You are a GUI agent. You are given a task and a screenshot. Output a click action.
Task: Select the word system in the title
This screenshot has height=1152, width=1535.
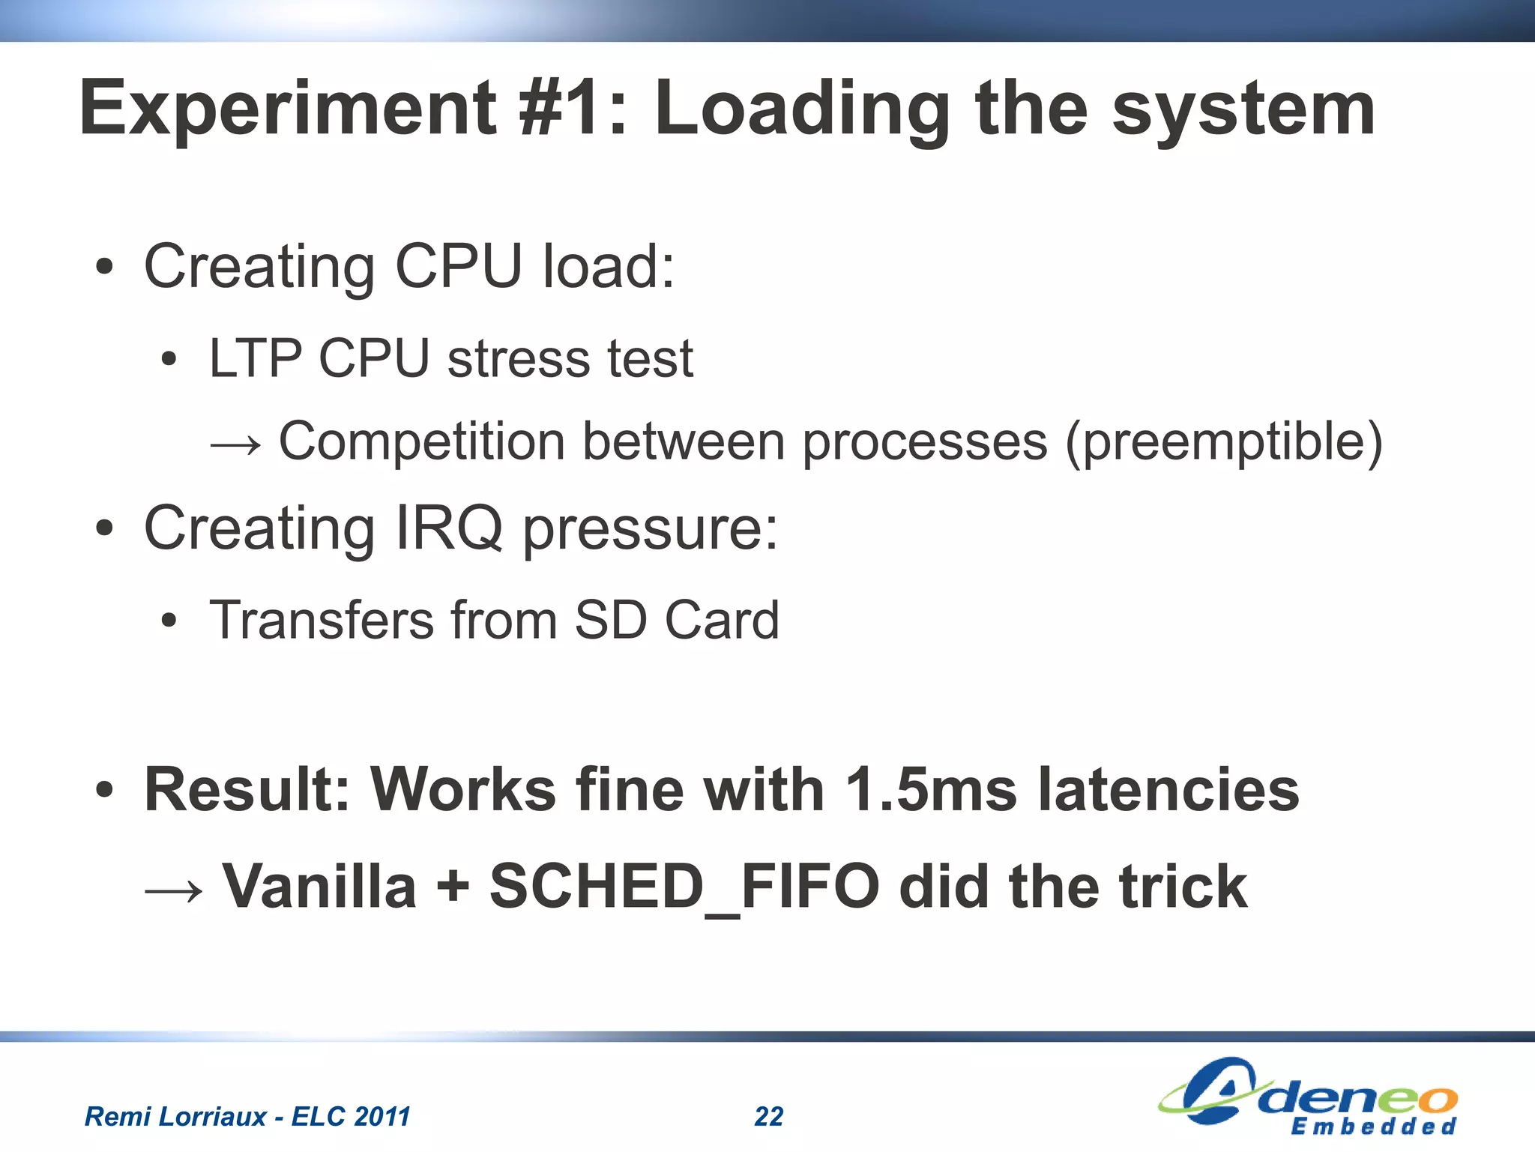(x=1243, y=110)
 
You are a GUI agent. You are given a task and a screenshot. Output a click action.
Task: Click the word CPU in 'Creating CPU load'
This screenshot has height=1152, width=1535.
(x=458, y=266)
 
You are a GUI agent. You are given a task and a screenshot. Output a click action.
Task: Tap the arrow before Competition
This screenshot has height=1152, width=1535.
(x=235, y=444)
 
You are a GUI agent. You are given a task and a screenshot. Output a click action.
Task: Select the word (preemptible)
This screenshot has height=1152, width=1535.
(x=1223, y=442)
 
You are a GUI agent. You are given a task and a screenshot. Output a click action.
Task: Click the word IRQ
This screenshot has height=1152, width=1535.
(x=448, y=528)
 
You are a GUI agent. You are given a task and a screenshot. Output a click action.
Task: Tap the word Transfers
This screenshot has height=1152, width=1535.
(x=322, y=620)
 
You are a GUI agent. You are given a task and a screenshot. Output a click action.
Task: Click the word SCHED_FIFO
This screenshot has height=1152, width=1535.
(x=684, y=887)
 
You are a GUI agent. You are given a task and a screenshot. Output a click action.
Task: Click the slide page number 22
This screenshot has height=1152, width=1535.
(x=768, y=1116)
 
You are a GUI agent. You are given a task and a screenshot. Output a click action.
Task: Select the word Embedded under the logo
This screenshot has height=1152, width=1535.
(x=1373, y=1127)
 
